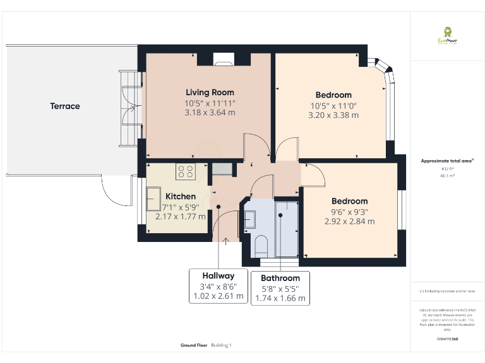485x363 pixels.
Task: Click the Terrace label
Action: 65,106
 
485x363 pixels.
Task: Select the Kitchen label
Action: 181,197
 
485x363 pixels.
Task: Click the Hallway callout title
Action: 218,275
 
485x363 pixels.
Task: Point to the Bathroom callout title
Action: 280,278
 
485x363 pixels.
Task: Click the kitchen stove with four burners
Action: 186,170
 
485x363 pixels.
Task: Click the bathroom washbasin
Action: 248,219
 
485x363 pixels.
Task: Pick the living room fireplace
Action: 223,60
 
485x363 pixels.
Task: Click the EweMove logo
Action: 447,35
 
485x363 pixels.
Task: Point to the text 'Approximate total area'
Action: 446,161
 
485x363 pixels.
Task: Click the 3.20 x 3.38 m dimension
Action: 333,115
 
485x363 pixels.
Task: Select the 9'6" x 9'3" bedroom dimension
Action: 349,212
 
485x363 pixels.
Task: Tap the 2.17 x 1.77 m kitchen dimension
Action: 181,216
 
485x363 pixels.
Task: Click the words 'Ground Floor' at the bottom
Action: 194,345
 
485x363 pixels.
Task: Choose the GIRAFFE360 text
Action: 447,339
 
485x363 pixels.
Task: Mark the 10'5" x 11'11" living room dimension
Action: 210,103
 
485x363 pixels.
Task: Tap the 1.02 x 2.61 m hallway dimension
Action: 218,296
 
